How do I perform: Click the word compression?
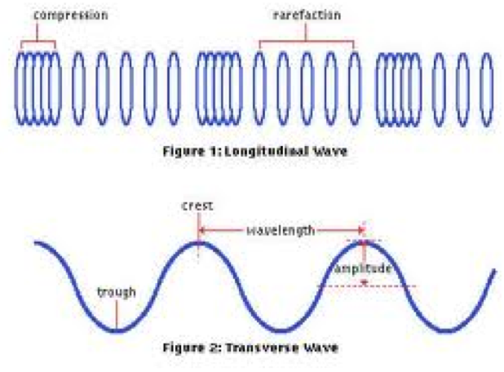click(70, 15)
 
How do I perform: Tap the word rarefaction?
click(307, 15)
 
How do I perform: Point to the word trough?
click(117, 292)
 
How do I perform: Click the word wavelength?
click(280, 231)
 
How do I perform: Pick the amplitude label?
click(363, 268)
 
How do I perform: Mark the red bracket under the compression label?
click(38, 41)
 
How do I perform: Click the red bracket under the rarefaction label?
click(307, 41)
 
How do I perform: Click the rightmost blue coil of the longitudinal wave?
click(486, 88)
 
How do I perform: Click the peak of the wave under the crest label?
click(197, 241)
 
